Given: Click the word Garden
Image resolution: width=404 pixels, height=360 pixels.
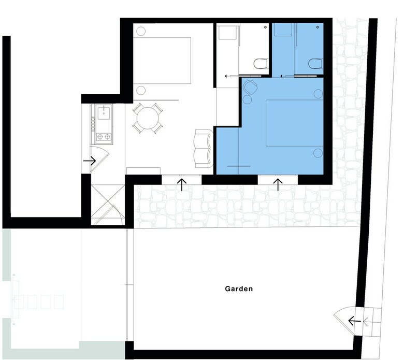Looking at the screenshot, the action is pyautogui.click(x=239, y=289).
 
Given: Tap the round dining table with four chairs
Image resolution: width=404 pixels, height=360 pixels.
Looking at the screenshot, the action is pyautogui.click(x=148, y=118).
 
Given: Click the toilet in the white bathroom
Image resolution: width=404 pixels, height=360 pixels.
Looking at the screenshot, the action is pyautogui.click(x=261, y=63).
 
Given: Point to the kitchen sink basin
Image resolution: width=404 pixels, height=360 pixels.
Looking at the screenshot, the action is pyautogui.click(x=104, y=113).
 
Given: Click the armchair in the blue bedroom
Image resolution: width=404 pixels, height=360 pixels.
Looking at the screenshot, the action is pyautogui.click(x=250, y=87).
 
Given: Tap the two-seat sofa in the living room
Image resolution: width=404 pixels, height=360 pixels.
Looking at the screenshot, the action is pyautogui.click(x=204, y=149).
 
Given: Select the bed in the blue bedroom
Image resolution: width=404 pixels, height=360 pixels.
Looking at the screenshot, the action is pyautogui.click(x=295, y=123).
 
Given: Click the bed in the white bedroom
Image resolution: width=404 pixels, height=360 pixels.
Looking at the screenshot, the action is pyautogui.click(x=162, y=61).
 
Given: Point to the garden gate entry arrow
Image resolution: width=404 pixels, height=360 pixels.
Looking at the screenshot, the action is pyautogui.click(x=354, y=321).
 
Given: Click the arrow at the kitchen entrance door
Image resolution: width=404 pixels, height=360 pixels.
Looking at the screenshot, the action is pyautogui.click(x=90, y=161).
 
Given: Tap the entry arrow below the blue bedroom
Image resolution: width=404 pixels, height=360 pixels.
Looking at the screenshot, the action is pyautogui.click(x=278, y=185).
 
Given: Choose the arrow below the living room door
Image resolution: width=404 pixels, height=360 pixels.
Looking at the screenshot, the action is pyautogui.click(x=182, y=185).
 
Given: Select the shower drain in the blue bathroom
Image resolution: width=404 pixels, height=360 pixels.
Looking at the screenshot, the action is pyautogui.click(x=318, y=27).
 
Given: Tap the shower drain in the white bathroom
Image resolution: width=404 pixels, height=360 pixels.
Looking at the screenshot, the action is pyautogui.click(x=266, y=27).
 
